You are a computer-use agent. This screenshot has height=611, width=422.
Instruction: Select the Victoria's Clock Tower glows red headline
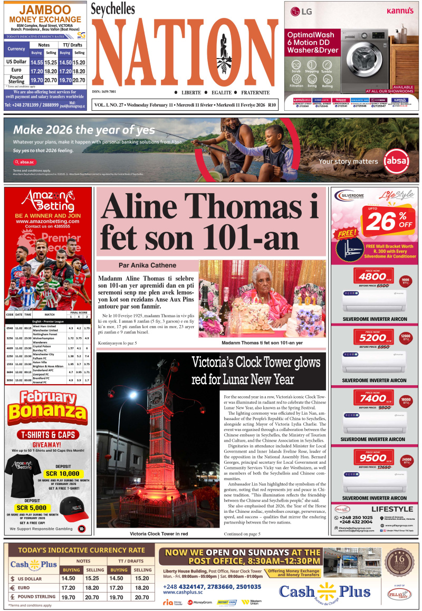click(256, 371)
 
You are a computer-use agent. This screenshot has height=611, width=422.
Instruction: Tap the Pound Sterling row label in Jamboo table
click(16, 80)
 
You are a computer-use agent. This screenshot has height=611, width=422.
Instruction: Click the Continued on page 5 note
click(242, 534)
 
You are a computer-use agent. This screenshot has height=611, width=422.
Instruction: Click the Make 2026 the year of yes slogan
click(84, 130)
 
